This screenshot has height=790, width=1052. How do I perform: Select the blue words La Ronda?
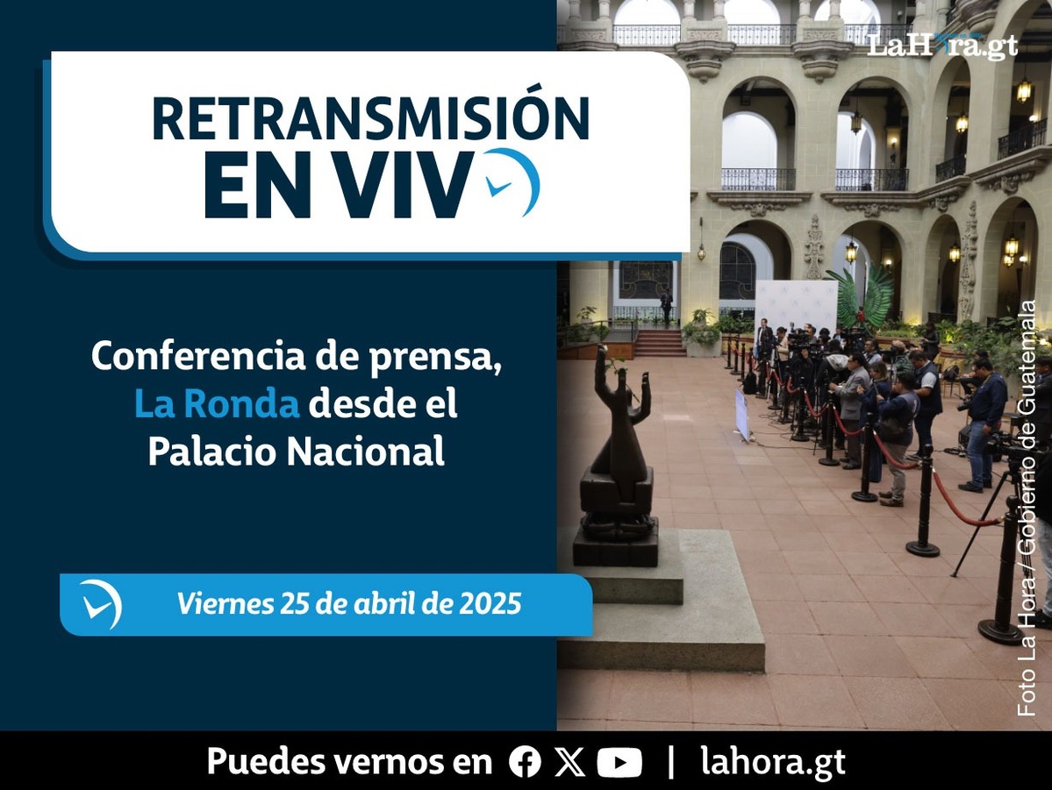pyautogui.click(x=217, y=403)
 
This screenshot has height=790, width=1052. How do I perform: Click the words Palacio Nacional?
pyautogui.click(x=296, y=451)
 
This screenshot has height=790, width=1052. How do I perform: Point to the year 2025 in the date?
pyautogui.click(x=490, y=603)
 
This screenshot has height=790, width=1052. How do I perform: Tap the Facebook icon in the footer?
pyautogui.click(x=525, y=762)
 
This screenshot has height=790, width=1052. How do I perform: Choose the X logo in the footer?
pyautogui.click(x=569, y=762)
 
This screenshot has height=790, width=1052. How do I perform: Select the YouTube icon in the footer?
pyautogui.click(x=619, y=763)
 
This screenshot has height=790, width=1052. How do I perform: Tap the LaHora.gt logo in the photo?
pyautogui.click(x=942, y=46)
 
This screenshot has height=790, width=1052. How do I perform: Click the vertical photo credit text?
pyautogui.click(x=1027, y=509)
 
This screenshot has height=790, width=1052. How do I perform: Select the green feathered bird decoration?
pyautogui.click(x=862, y=296)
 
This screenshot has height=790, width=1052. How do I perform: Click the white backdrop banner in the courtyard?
pyautogui.click(x=797, y=305)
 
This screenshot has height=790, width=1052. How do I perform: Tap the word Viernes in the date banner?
pyautogui.click(x=225, y=603)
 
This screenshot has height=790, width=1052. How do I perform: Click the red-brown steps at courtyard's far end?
pyautogui.click(x=660, y=343)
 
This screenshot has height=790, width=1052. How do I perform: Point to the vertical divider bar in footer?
pyautogui.click(x=671, y=762)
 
